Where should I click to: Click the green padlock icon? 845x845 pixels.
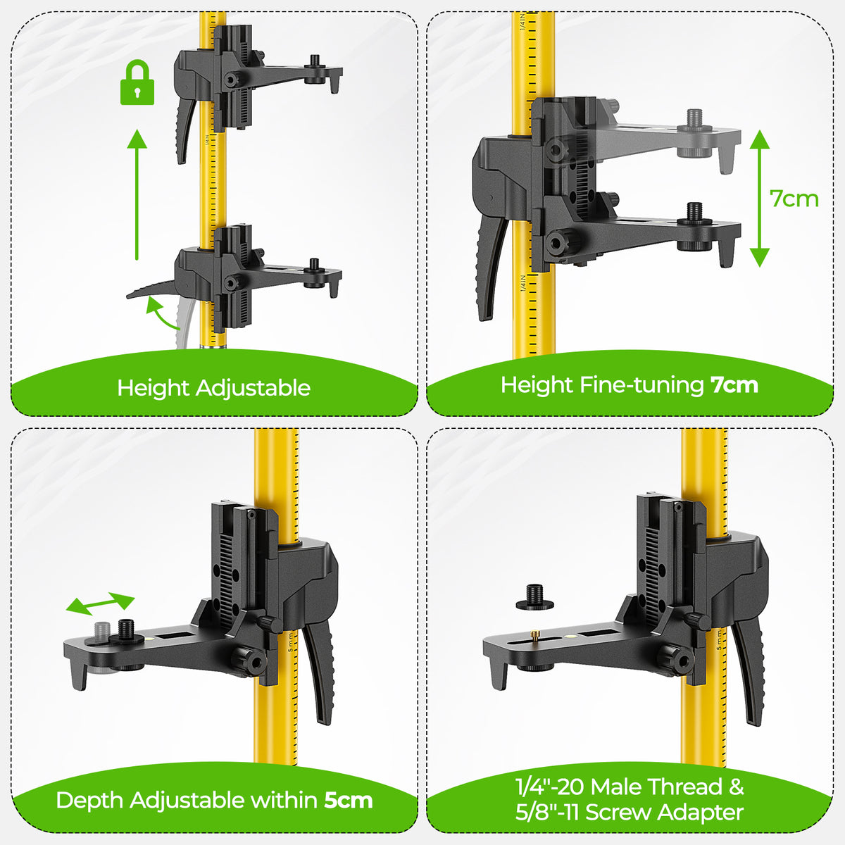coord(137,82)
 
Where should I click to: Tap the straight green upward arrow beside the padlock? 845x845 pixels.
coord(137,194)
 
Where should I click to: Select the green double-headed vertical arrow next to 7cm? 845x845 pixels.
coord(760,199)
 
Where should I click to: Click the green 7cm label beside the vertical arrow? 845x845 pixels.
coord(794,199)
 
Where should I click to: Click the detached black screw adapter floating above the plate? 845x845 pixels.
coord(534,598)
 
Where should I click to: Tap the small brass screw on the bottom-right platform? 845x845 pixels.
coord(534,634)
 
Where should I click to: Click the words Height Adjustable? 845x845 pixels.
coord(214,388)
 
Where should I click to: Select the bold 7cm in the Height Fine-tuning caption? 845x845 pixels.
coord(734,385)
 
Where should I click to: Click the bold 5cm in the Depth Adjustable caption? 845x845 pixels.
coord(349,800)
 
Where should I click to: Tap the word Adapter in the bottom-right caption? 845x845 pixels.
coord(700,813)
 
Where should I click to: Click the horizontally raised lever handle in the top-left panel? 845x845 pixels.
coord(151,290)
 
